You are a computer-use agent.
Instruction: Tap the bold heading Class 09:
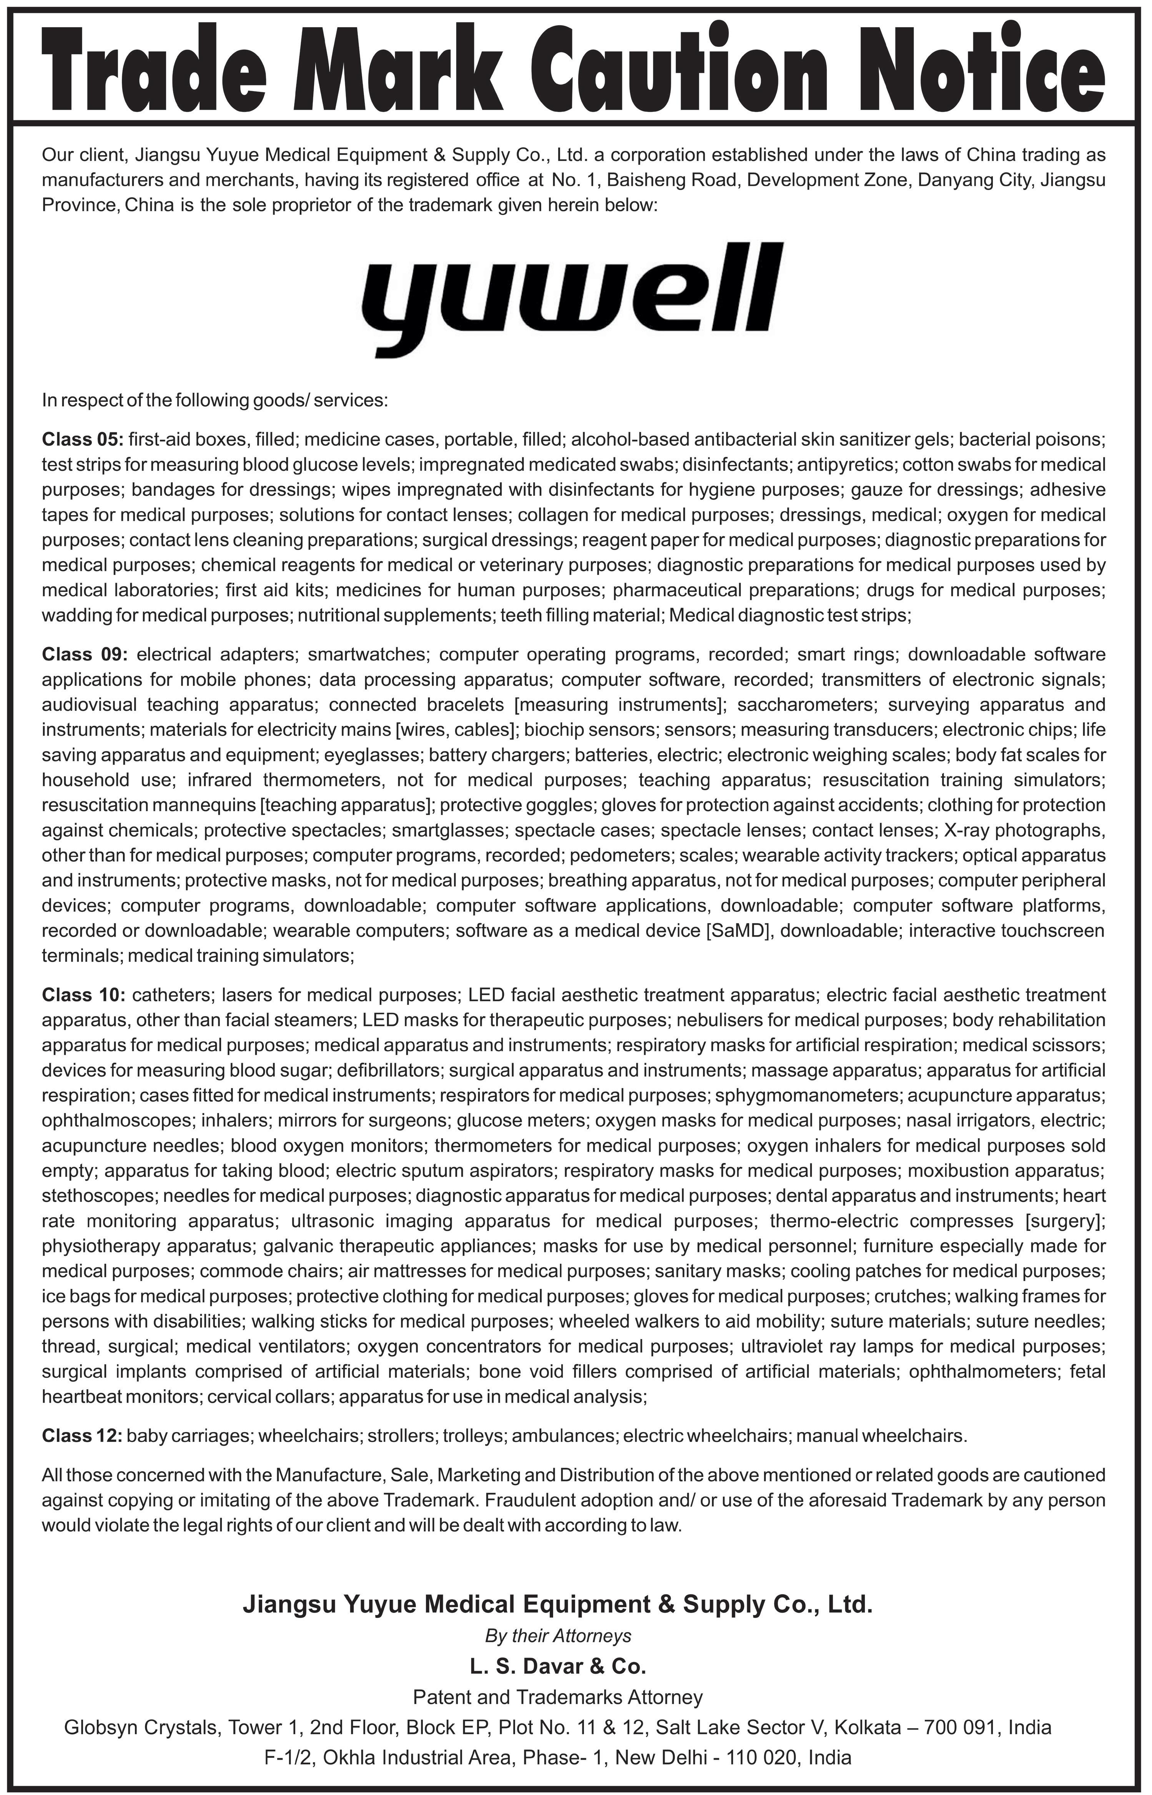(85, 655)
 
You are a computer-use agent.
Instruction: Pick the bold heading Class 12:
(82, 1435)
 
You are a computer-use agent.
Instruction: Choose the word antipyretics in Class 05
(845, 464)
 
